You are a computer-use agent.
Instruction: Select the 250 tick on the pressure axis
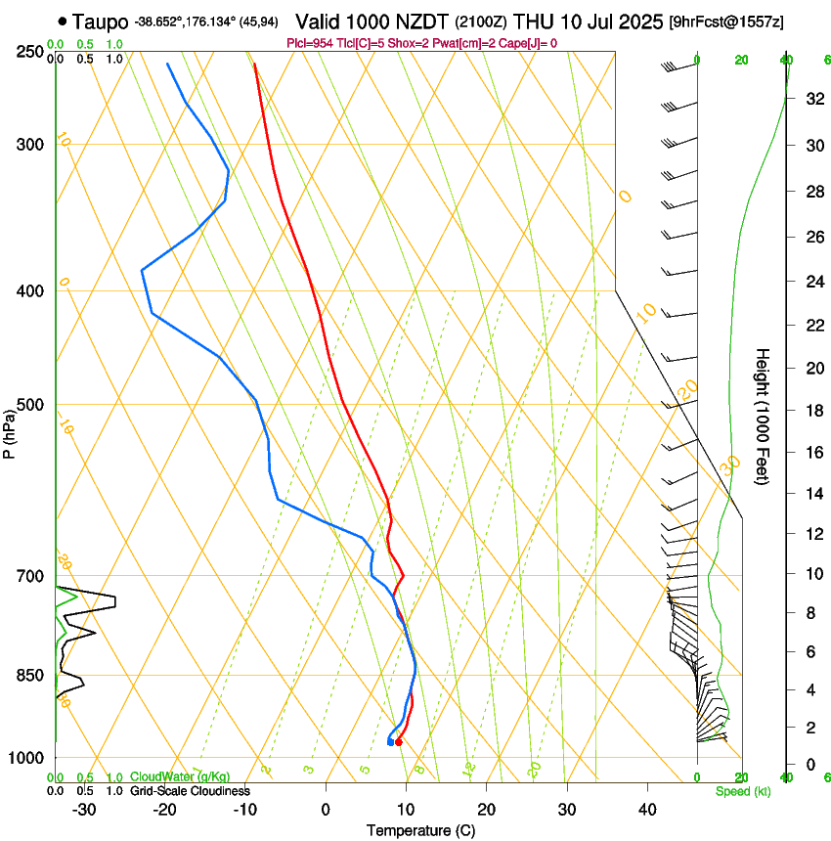tap(30, 52)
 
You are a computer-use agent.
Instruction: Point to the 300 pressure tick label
tap(30, 145)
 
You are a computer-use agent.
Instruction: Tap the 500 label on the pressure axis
tap(30, 405)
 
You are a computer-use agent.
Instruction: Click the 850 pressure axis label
tap(30, 675)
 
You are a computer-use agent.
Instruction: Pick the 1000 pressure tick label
tap(27, 758)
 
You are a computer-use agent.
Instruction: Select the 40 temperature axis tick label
tap(647, 809)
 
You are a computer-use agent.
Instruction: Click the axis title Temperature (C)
tap(420, 830)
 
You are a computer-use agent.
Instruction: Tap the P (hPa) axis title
tap(11, 431)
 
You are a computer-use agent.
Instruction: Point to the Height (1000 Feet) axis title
tap(764, 416)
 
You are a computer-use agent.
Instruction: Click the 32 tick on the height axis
tap(811, 98)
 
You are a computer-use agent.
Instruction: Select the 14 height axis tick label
tap(811, 494)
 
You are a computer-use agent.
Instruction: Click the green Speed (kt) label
tap(742, 791)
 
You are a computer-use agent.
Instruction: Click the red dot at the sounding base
tap(398, 742)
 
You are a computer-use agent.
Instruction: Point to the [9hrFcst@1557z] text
tap(726, 22)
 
